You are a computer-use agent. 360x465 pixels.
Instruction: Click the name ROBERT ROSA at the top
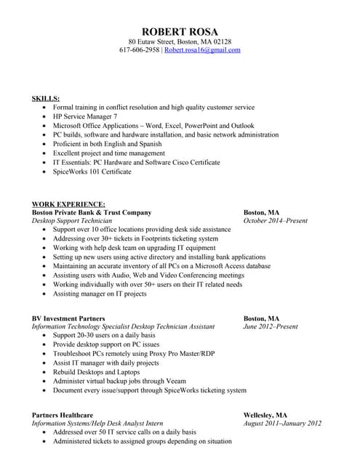[180, 31]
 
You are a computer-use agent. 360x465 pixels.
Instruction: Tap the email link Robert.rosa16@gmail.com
[202, 50]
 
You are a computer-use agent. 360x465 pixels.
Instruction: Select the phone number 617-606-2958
[139, 50]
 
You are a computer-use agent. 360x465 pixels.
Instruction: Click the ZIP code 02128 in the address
[221, 41]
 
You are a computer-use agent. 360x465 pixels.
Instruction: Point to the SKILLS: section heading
[46, 97]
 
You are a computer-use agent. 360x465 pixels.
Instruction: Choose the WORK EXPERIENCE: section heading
[68, 204]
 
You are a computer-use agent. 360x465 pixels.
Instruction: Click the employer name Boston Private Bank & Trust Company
[92, 212]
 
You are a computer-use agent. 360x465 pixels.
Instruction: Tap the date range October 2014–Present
[275, 221]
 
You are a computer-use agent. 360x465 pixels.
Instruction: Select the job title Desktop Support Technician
[72, 221]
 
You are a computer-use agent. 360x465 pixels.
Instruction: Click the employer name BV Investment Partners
[68, 318]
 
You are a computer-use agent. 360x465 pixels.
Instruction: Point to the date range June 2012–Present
[270, 327]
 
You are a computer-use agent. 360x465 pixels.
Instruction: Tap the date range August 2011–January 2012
[282, 424]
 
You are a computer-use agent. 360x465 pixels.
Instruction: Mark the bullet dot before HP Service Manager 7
[44, 116]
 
